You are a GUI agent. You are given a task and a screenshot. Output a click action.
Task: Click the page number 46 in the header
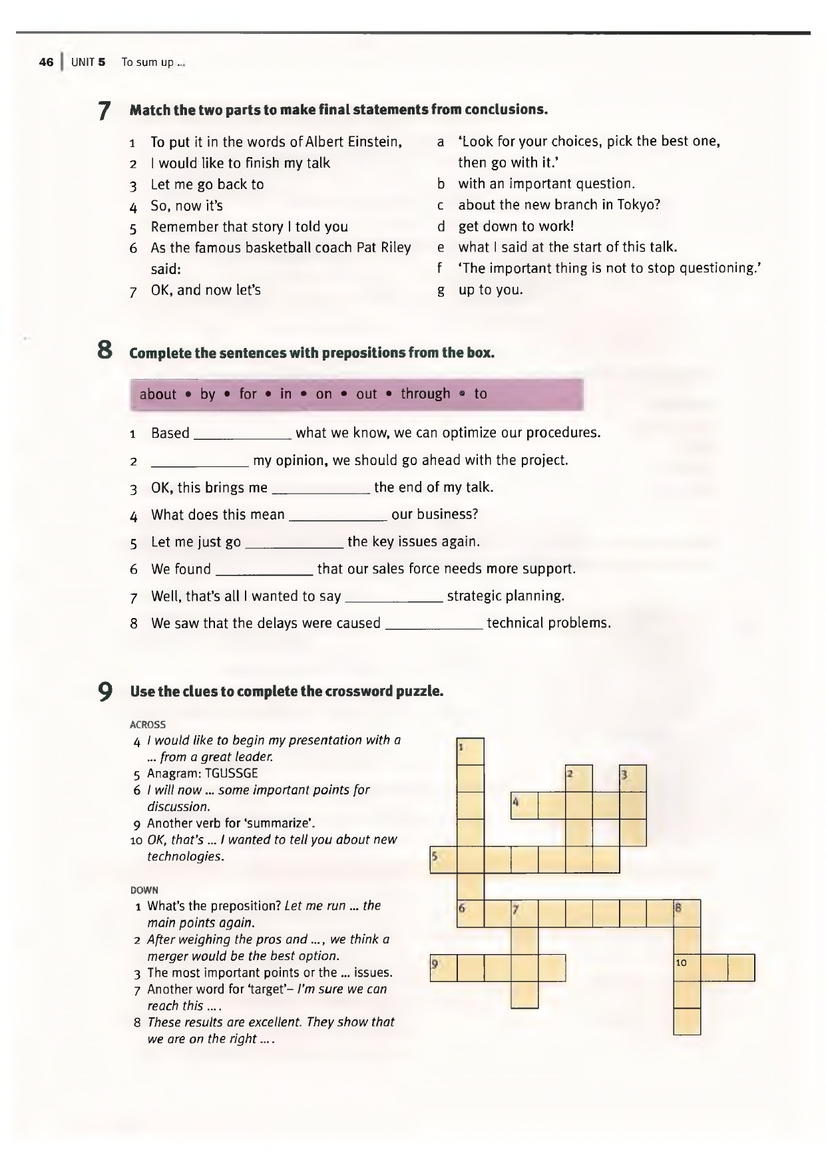(x=46, y=63)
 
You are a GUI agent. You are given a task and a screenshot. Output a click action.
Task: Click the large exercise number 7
(x=103, y=110)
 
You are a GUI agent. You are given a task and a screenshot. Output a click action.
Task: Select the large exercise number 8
(x=103, y=351)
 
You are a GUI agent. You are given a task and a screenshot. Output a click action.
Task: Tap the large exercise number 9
(x=104, y=691)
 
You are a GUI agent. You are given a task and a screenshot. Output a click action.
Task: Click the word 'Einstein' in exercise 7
(x=374, y=142)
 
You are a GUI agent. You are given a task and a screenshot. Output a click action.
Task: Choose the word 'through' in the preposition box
(x=425, y=394)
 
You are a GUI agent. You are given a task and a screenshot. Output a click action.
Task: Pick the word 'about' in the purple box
(x=158, y=395)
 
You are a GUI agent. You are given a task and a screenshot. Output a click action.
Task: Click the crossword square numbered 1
(x=471, y=751)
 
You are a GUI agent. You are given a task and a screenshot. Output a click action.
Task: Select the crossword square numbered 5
(x=443, y=860)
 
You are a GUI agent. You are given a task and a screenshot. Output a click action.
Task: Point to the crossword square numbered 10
(x=687, y=967)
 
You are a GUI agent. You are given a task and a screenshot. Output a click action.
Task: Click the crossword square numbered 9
(x=443, y=967)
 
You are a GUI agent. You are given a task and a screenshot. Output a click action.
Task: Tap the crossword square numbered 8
(x=687, y=913)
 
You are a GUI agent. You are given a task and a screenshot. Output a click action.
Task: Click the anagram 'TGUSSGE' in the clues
(x=231, y=774)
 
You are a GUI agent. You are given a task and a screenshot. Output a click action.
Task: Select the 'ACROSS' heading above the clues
(x=148, y=725)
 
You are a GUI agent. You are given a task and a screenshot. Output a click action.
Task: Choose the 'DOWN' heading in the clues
(x=144, y=890)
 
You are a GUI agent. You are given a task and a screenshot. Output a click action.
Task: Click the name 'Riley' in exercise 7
(x=395, y=248)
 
